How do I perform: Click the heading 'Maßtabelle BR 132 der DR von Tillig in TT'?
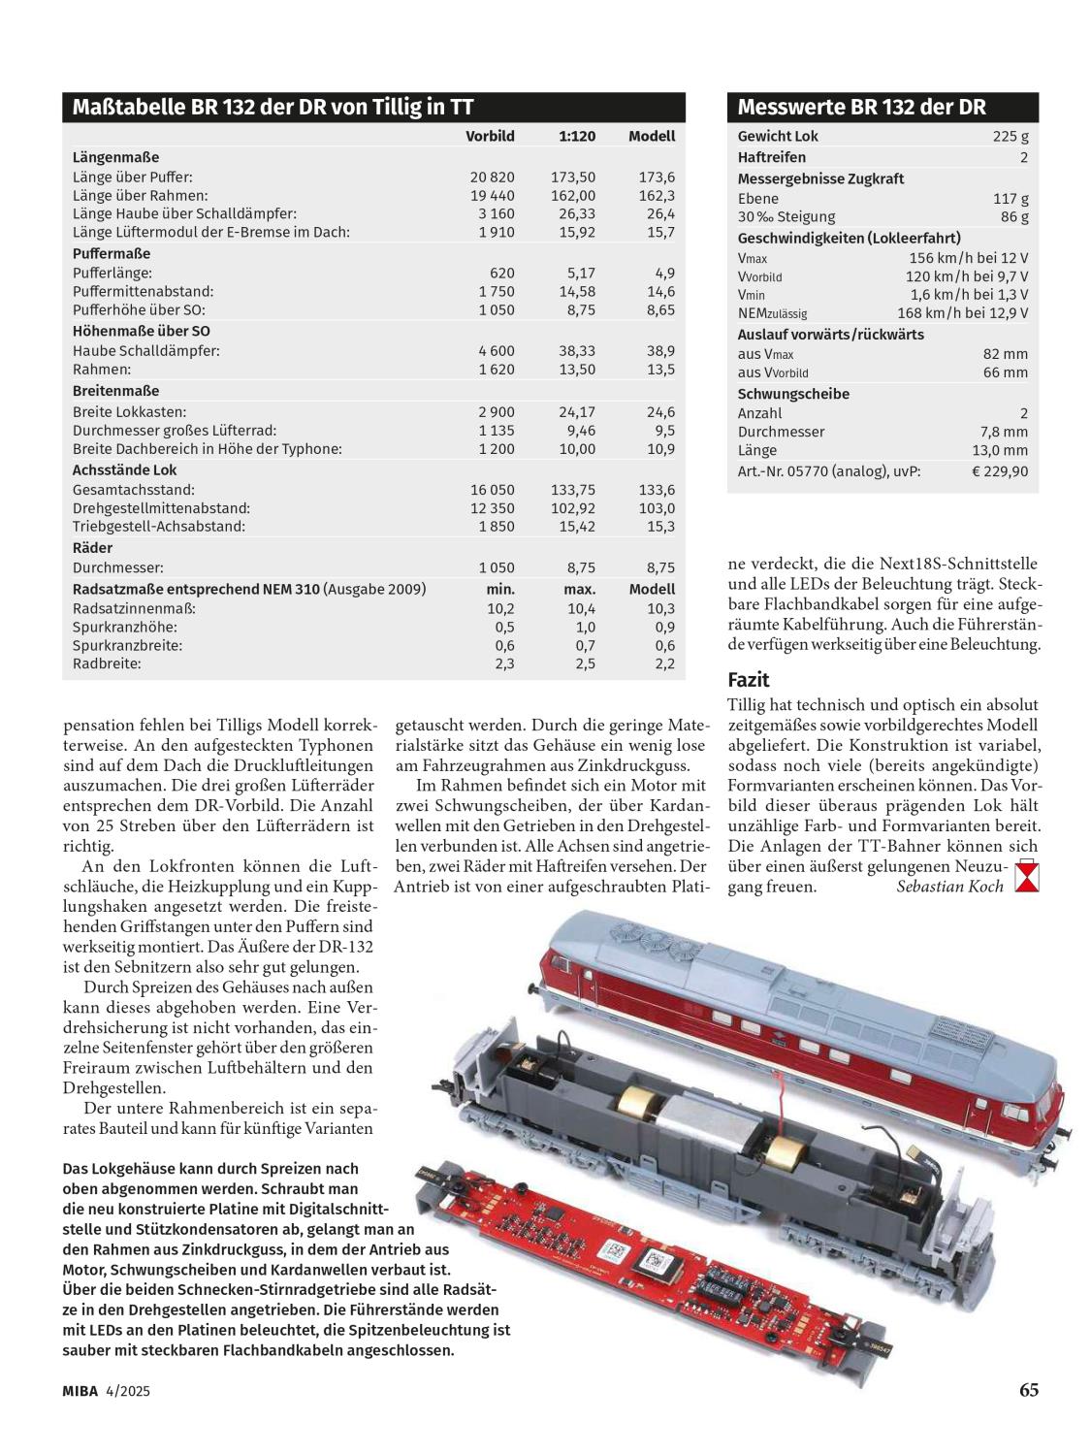(x=273, y=107)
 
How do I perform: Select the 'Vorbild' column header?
(x=490, y=136)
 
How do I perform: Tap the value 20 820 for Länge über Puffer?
(x=493, y=177)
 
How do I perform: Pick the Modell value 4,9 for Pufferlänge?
(x=664, y=273)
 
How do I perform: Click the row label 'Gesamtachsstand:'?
(x=133, y=490)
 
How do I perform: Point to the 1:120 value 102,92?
(x=577, y=508)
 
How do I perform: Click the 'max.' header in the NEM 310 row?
(x=579, y=589)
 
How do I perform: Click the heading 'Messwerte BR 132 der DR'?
(x=861, y=107)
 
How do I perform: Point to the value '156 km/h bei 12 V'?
(x=968, y=258)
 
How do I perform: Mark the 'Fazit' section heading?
(x=748, y=679)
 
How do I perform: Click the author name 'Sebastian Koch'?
(x=949, y=887)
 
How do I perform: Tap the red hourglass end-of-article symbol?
(x=1026, y=878)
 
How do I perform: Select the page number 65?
(x=1028, y=1390)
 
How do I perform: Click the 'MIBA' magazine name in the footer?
(x=80, y=1391)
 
